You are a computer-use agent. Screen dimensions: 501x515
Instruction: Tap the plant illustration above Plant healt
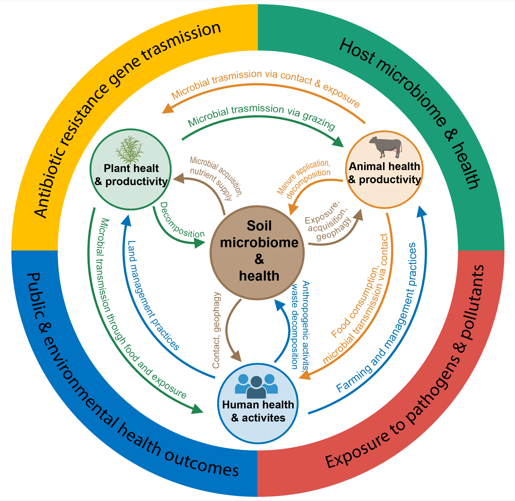pos(130,150)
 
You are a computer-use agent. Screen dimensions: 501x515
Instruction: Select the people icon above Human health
pos(256,386)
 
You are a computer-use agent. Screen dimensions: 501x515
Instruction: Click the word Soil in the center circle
pos(259,226)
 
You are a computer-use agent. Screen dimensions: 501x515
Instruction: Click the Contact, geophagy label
pos(216,330)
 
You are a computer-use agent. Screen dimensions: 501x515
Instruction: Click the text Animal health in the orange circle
pos(384,167)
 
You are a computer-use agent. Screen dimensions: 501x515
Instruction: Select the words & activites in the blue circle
pos(258,418)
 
